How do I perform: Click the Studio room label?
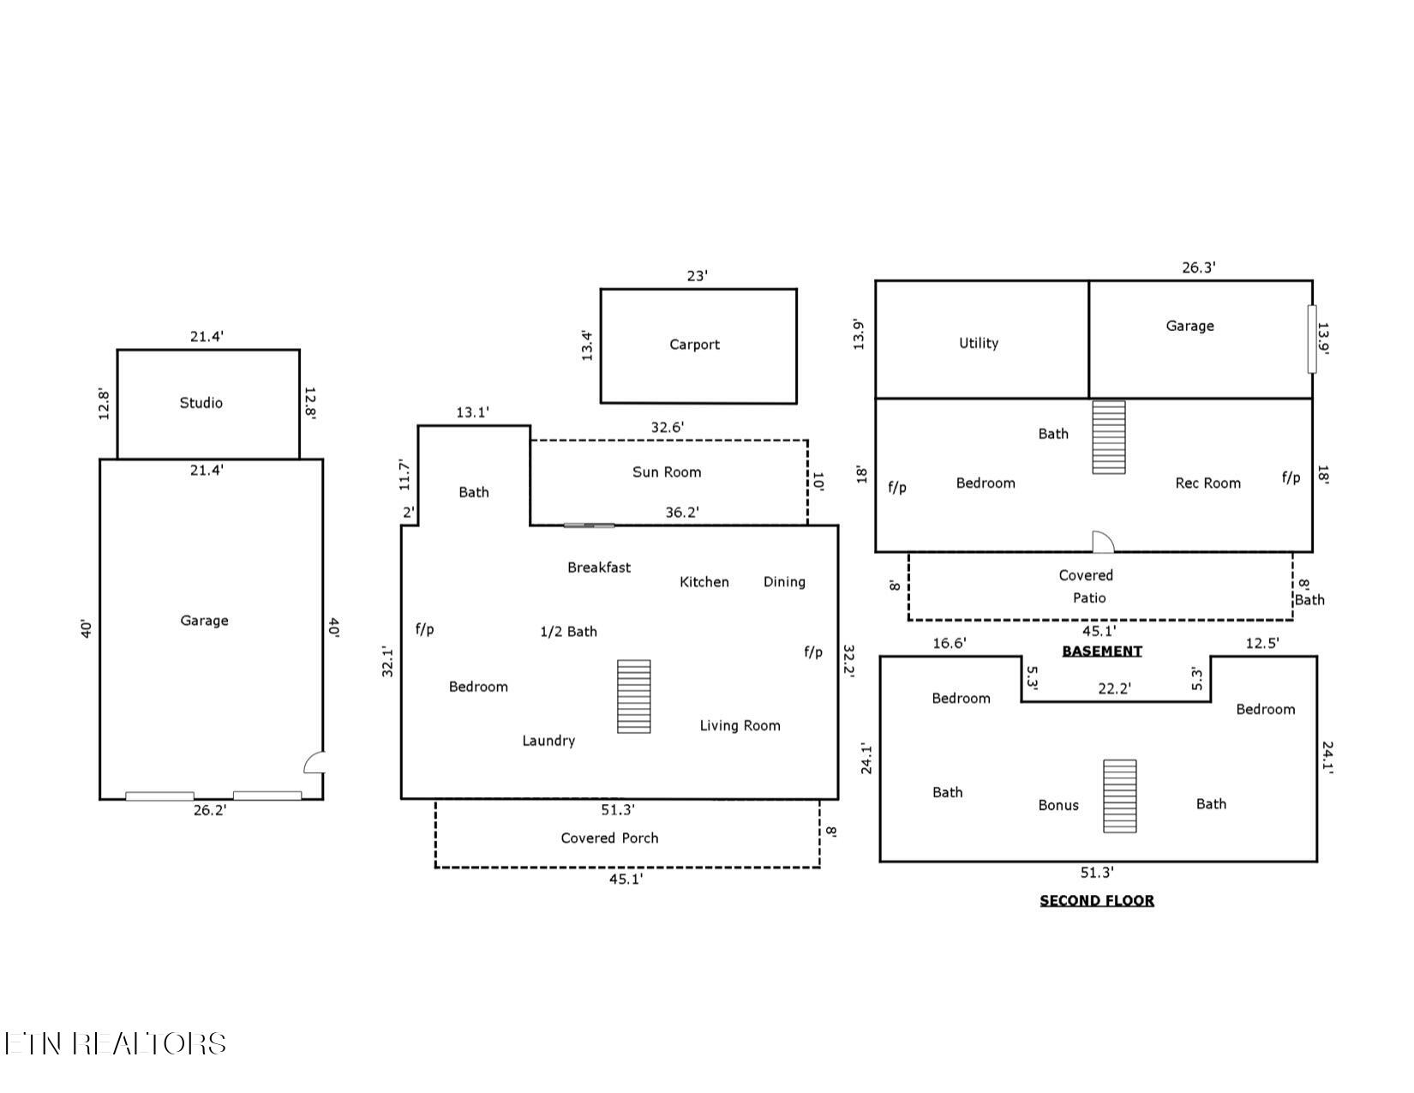201,403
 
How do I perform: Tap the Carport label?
694,345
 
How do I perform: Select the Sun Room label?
667,472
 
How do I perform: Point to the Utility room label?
979,343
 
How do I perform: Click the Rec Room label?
1207,483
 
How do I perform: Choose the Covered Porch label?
609,838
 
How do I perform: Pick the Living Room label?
740,726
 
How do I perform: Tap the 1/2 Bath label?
569,632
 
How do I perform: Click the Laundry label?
548,741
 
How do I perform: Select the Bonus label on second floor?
1058,805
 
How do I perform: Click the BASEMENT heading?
1102,651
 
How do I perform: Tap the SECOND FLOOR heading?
1097,900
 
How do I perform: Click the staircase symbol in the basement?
1109,437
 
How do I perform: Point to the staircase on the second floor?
1120,796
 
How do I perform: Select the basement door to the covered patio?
1103,542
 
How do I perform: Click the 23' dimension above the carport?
697,276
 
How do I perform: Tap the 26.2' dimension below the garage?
210,810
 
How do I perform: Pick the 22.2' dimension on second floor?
1115,688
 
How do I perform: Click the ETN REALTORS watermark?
115,1043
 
